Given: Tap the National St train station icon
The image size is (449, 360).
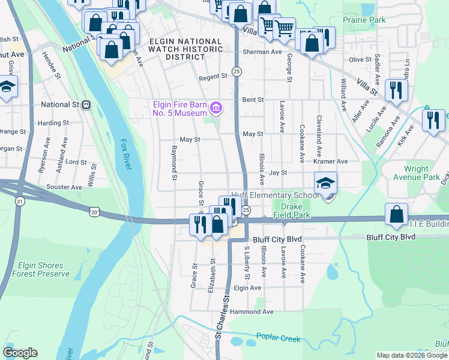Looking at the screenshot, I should point(86,104).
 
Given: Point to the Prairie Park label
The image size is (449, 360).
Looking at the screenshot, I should point(364,20).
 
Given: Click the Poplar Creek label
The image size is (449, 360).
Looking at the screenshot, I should point(278,338).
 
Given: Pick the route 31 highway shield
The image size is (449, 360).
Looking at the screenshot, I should point(20,202).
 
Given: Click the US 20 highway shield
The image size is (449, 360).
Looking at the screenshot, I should point(94,211).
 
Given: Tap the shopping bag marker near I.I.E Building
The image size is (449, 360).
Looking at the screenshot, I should point(396,215).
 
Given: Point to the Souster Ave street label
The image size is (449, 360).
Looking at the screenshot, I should point(64,187).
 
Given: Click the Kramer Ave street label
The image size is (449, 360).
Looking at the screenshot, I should point(330,161).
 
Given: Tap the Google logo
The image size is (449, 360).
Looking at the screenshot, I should point(20,353).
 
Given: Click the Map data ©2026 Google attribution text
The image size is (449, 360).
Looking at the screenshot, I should point(411,355).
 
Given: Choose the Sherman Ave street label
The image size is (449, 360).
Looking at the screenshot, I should point(262,52).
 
